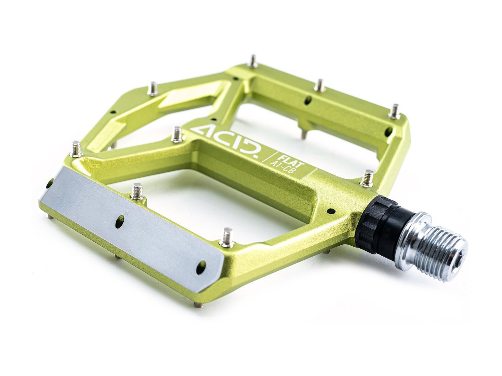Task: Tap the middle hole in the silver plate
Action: (x=120, y=221)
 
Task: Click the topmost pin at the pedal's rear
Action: (x=253, y=61)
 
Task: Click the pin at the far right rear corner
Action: (x=395, y=112)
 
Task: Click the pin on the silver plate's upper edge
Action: (x=137, y=192)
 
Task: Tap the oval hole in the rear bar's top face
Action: (x=308, y=100)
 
